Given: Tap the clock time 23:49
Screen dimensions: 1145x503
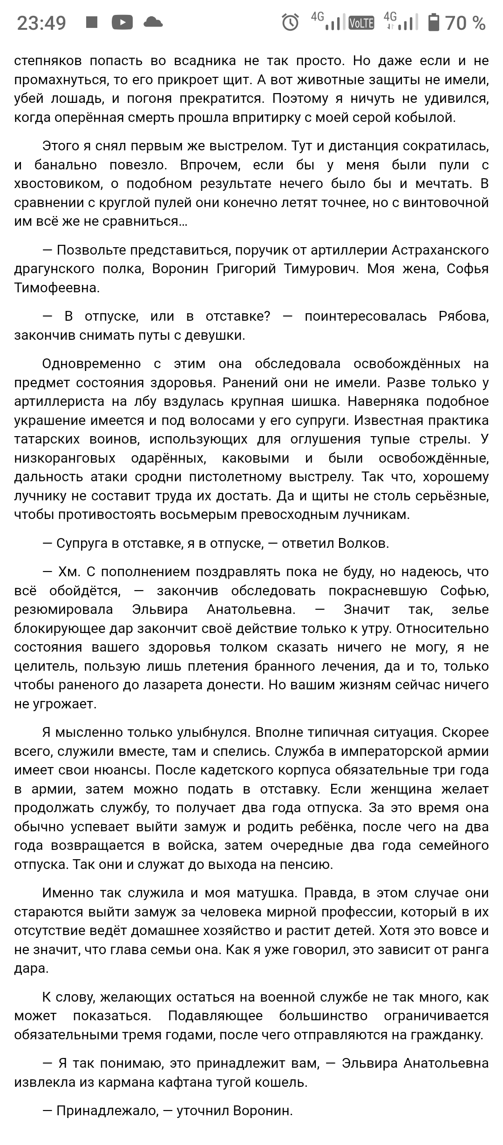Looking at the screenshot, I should [41, 23].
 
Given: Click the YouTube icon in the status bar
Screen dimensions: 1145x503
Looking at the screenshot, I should [122, 22].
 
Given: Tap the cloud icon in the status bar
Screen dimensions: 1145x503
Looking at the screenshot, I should [153, 22].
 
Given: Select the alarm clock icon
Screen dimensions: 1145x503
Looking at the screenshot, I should [291, 22].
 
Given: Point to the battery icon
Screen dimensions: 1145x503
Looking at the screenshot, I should [434, 22].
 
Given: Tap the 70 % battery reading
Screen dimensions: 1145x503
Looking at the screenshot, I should [465, 23].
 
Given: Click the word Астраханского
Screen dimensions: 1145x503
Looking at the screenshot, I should [440, 250].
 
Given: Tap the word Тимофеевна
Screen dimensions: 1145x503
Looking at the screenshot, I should [57, 288].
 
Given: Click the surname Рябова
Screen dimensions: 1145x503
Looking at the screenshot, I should [463, 317].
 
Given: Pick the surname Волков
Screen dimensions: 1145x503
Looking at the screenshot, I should [362, 543].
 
